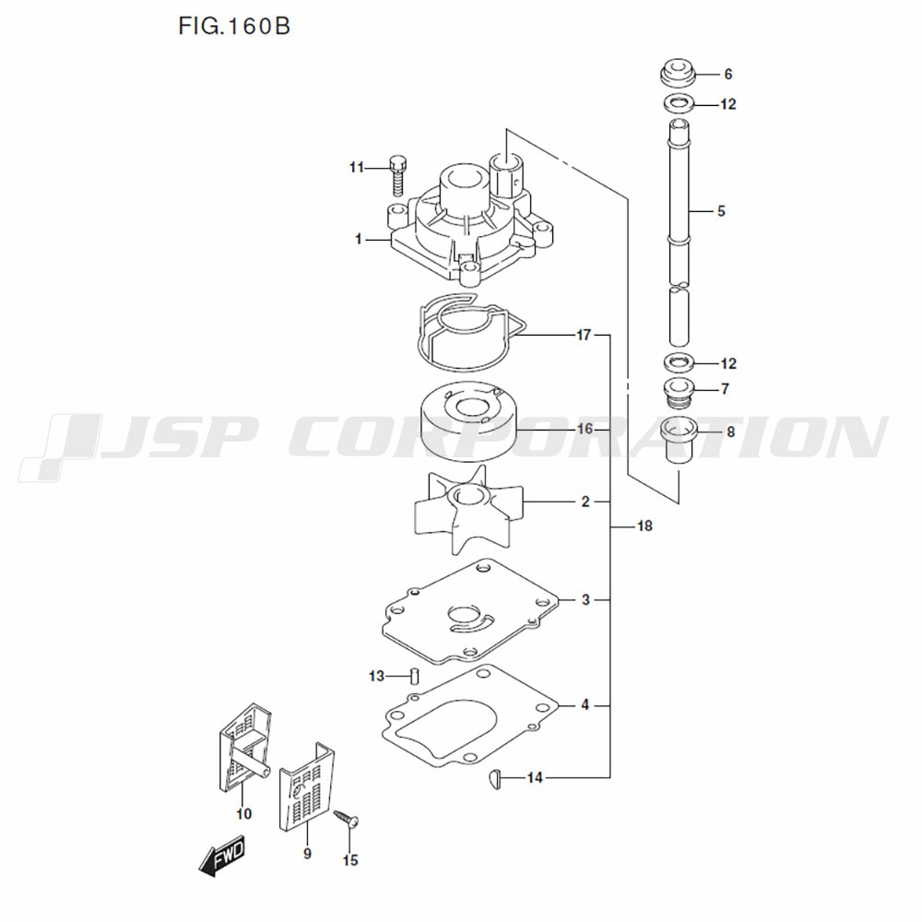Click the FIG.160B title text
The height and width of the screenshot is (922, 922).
click(x=234, y=27)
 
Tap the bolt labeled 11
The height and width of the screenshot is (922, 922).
click(x=398, y=176)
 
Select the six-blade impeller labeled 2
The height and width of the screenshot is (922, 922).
click(x=468, y=509)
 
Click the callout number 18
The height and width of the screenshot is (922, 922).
click(x=645, y=526)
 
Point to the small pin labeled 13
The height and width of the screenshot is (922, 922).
click(x=414, y=676)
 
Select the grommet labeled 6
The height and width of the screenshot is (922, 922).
click(x=677, y=72)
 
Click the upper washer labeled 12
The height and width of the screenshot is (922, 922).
click(x=678, y=103)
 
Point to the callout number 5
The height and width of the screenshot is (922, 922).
click(x=722, y=211)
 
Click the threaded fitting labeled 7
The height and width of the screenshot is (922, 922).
click(x=678, y=392)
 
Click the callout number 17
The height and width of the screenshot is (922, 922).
click(x=584, y=336)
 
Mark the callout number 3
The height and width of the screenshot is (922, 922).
click(x=585, y=600)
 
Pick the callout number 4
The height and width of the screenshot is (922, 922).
click(x=585, y=704)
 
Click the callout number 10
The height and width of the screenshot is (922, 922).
click(x=244, y=814)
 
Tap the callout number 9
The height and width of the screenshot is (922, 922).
click(x=307, y=853)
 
